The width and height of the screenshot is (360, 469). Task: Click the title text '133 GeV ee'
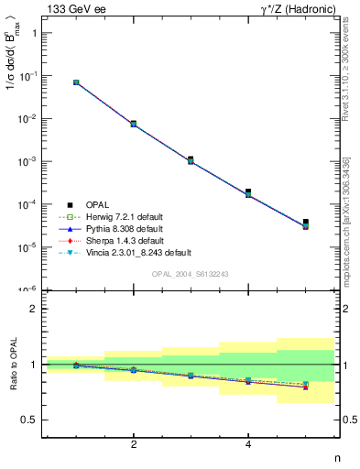71,8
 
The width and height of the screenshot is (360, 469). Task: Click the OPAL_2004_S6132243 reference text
190,274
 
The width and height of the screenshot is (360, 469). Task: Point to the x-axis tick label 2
134,444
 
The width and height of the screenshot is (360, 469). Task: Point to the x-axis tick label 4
248,444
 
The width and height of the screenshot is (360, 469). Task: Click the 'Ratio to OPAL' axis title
12,365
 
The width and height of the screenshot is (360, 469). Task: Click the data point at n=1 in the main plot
76,82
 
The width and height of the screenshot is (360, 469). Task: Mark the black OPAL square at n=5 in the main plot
306,222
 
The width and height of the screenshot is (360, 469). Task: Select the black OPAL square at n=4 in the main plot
248,191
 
